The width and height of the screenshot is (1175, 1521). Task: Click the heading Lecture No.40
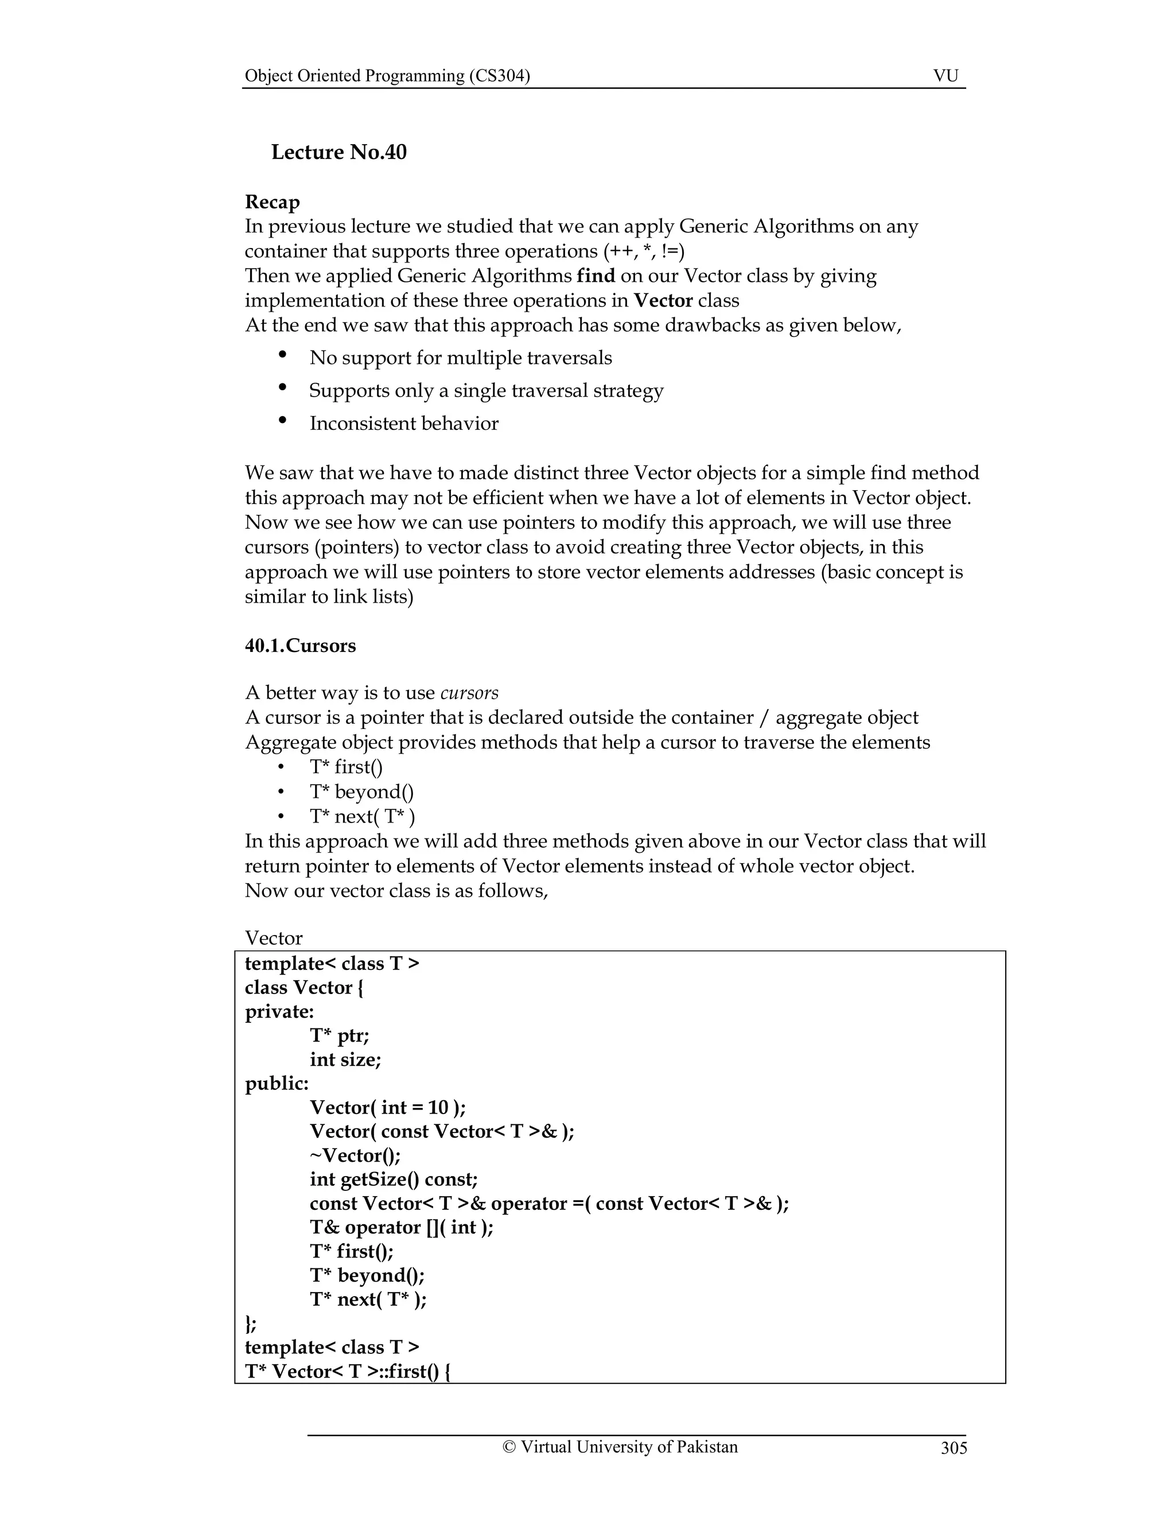click(339, 152)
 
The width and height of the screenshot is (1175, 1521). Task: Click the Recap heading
click(272, 202)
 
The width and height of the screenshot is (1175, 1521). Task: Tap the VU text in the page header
click(946, 76)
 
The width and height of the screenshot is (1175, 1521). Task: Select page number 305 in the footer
click(953, 1448)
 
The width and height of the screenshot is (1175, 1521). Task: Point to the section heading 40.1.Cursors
click(300, 646)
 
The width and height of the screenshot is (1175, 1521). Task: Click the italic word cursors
click(469, 693)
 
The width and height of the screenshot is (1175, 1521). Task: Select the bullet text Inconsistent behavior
click(404, 424)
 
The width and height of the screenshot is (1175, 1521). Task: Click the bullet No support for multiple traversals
click(460, 358)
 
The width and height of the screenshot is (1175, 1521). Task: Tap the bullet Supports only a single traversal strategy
click(486, 391)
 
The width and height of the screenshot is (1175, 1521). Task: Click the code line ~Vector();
click(355, 1155)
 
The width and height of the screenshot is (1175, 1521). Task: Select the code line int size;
click(345, 1060)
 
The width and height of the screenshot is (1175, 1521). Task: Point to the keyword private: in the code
click(279, 1011)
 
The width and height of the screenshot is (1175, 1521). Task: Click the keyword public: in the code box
click(277, 1084)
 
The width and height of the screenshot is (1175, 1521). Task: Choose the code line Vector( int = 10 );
click(388, 1107)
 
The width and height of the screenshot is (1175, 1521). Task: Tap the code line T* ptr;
click(339, 1035)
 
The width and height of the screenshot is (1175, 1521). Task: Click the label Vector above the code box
click(274, 938)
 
